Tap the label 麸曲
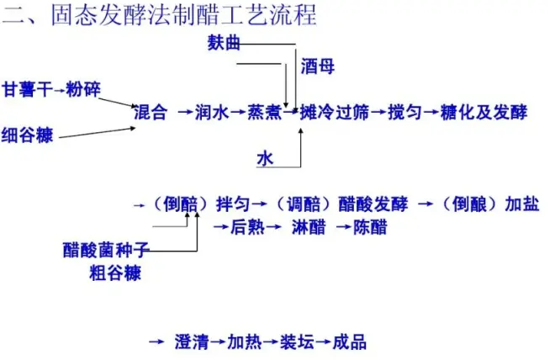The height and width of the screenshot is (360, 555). click(x=224, y=43)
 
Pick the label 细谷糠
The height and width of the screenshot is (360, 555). click(x=28, y=134)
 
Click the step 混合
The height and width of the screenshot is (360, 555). click(x=151, y=112)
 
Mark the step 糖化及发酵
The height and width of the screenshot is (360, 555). click(x=485, y=112)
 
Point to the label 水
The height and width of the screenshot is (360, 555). click(x=265, y=158)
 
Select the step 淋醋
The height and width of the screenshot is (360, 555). click(x=309, y=226)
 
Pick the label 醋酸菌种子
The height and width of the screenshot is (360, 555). click(x=106, y=250)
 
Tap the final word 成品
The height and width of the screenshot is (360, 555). click(x=350, y=341)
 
